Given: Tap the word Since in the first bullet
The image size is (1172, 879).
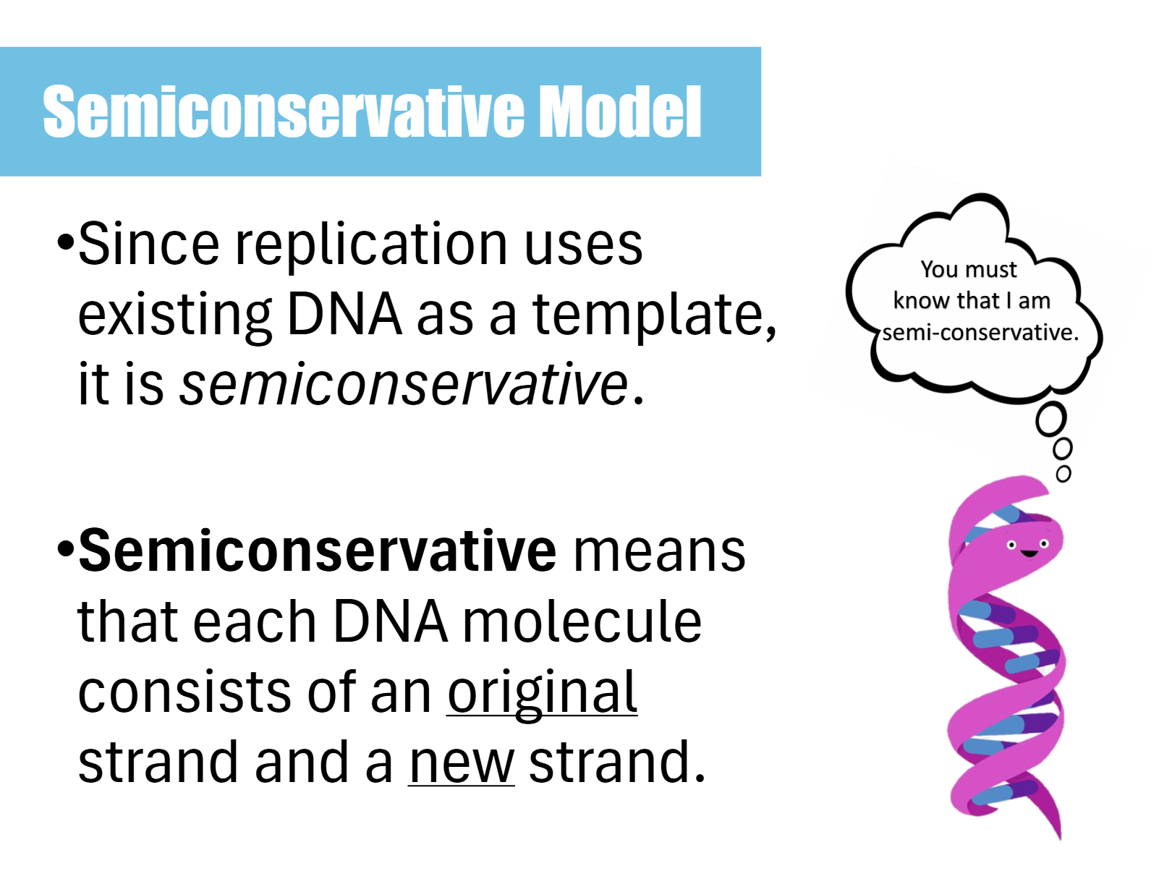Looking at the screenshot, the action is click(x=148, y=243).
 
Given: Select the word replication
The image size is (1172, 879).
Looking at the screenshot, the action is click(x=371, y=247).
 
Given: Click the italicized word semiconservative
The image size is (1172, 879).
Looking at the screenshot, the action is click(x=404, y=383).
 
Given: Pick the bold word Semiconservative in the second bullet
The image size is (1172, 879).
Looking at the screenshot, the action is click(x=317, y=551).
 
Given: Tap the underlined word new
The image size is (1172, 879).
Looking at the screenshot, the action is click(x=462, y=764).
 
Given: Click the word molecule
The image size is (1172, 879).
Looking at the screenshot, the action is click(x=582, y=621).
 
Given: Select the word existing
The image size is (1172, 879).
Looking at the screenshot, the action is click(x=175, y=317).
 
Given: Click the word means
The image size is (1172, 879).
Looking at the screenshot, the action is click(x=659, y=553).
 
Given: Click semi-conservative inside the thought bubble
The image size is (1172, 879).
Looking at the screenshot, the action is click(x=980, y=333).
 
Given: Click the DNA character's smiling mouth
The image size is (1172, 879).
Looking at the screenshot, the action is click(x=1029, y=553).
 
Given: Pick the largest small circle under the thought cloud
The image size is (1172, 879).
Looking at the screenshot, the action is click(x=1050, y=420).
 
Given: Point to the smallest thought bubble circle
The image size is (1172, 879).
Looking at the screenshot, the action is click(x=1063, y=474).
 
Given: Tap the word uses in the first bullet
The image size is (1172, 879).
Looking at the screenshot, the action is click(x=584, y=247).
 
